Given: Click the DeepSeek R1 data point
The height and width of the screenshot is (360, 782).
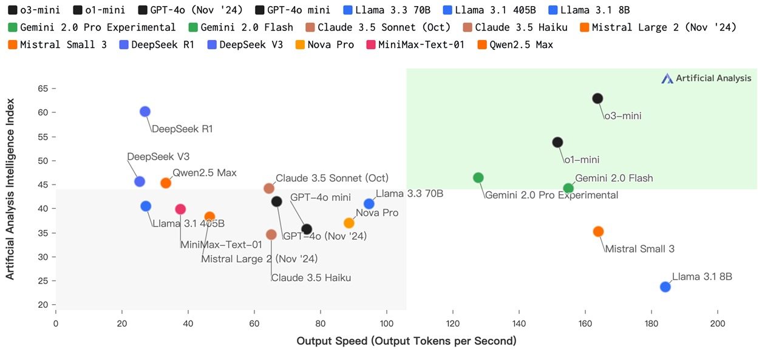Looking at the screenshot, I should pos(144,112).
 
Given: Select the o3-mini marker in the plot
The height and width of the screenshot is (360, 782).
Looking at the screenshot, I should pos(597,98).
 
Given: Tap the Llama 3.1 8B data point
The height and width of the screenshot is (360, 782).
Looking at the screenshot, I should pos(665,287).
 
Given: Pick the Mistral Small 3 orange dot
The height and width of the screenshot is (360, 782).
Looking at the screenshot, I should pos(598,231).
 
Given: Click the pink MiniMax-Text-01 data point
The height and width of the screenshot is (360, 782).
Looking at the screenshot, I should pos(180,209).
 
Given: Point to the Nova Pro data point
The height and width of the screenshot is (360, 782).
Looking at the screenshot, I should pos(349,223).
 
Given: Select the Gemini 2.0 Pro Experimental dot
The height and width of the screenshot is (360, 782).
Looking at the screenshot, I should pos(478,178).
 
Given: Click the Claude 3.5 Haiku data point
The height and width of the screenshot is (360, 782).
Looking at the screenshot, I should pos(271,234).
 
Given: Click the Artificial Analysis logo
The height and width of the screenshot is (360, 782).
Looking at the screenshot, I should pos(706,78).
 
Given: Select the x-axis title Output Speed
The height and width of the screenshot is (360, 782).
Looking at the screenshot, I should pos(406,341).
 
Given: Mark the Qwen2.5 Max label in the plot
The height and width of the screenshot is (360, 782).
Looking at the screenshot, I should pos(205,173).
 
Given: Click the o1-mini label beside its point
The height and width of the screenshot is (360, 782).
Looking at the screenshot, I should pos(582,160).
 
